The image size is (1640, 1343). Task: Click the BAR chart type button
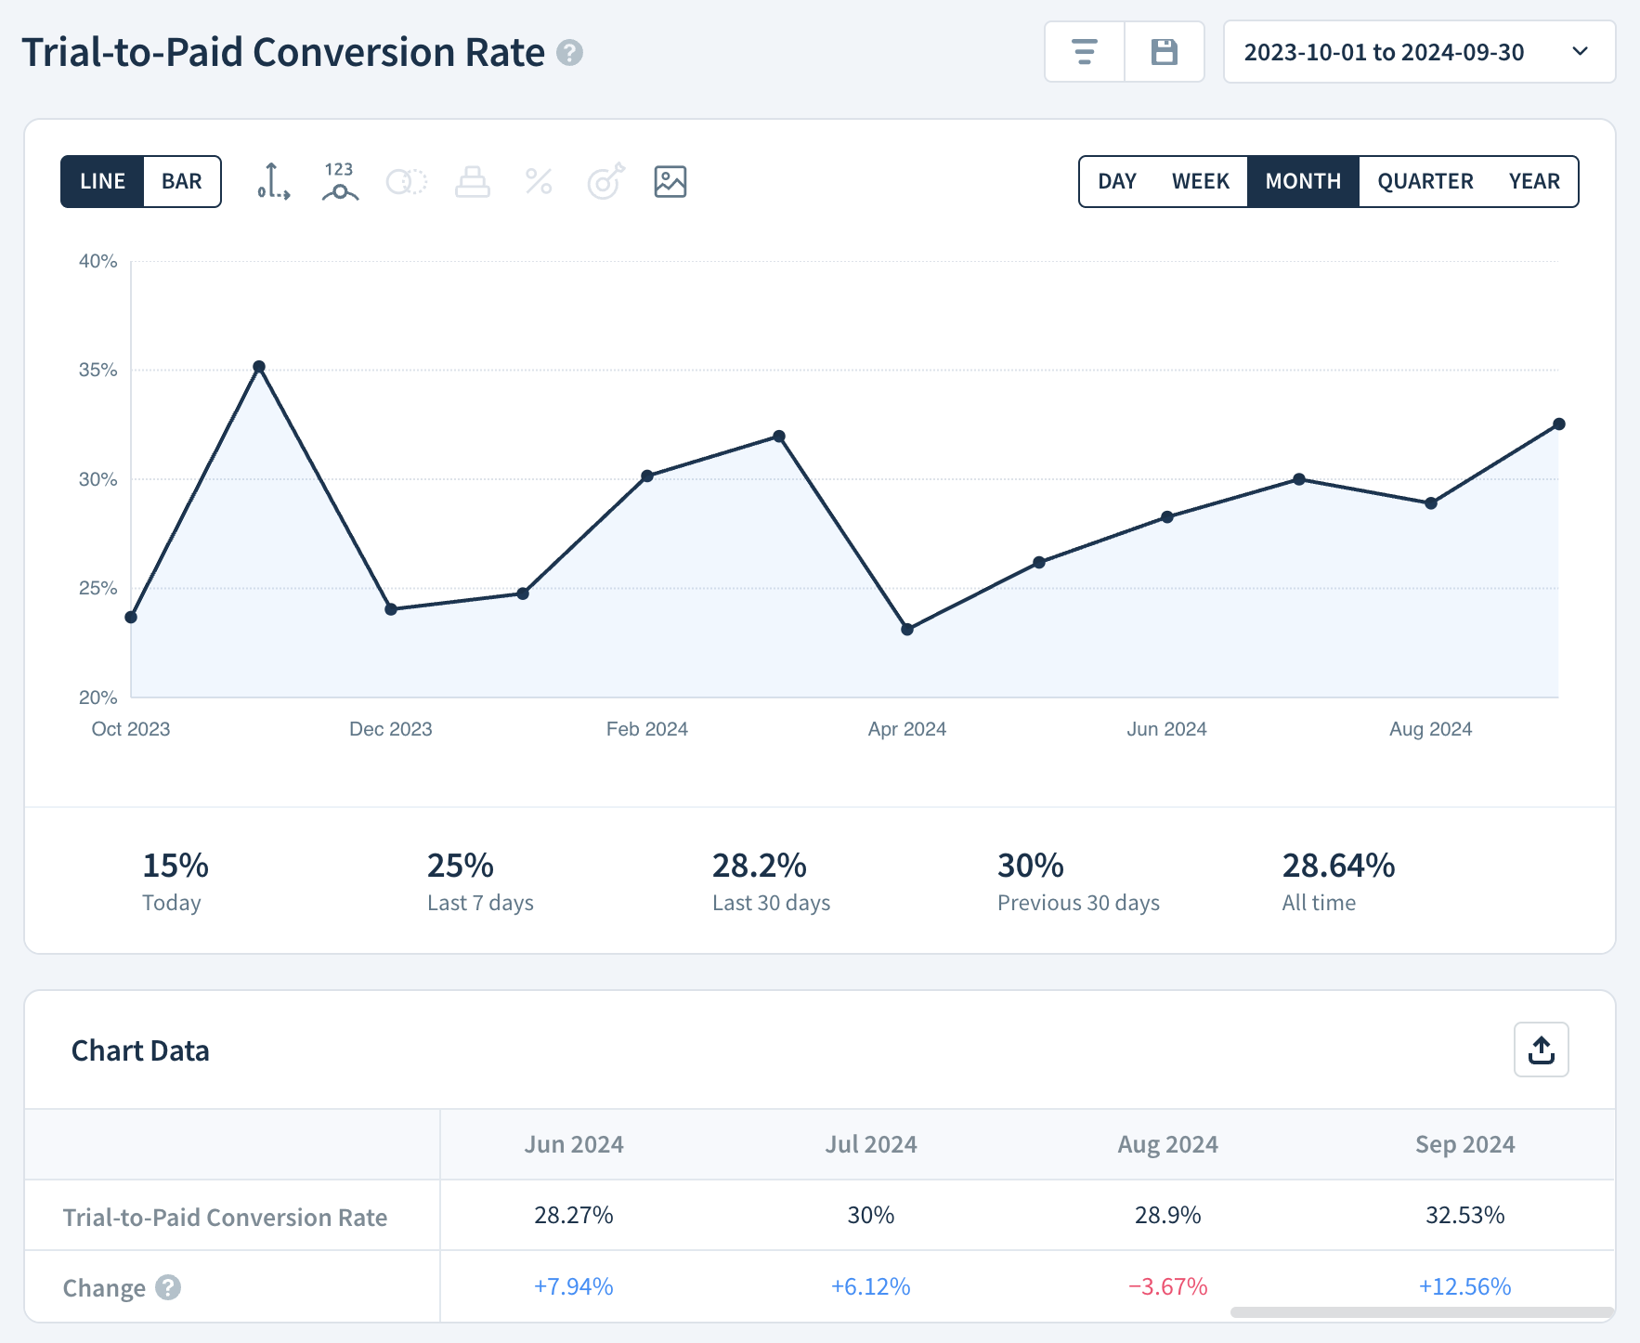(x=182, y=181)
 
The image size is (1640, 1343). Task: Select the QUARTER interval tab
(x=1425, y=181)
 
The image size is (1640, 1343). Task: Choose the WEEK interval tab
(x=1200, y=181)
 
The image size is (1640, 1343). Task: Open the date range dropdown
(x=1419, y=52)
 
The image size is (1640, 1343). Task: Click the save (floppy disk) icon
(x=1164, y=52)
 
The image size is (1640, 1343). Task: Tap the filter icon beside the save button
(x=1084, y=52)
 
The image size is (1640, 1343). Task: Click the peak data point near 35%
(x=259, y=367)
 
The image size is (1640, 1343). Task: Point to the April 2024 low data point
(x=907, y=630)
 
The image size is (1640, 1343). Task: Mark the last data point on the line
(x=1559, y=424)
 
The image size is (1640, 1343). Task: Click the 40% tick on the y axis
(x=98, y=262)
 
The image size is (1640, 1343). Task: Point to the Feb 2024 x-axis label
(x=647, y=729)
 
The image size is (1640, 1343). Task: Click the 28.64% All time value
(x=1338, y=866)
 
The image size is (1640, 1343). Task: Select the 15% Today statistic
(x=176, y=866)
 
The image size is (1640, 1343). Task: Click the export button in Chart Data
(x=1541, y=1050)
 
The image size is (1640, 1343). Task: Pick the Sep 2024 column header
(x=1464, y=1144)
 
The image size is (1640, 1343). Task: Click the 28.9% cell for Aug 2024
(x=1167, y=1215)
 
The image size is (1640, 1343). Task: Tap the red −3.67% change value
(x=1167, y=1286)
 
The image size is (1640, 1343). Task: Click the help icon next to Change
(x=168, y=1287)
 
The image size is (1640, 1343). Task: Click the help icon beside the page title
(x=569, y=53)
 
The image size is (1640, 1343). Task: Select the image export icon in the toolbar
(x=670, y=181)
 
